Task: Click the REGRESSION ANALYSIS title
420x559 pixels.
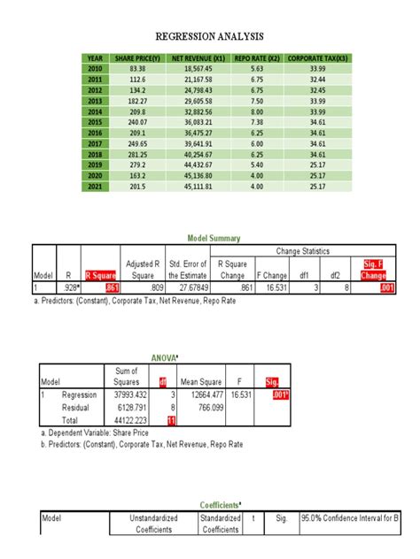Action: (x=209, y=36)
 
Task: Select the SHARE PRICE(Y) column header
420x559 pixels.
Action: (x=137, y=58)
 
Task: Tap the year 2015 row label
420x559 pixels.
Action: (x=95, y=122)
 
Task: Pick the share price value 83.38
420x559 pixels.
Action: (x=137, y=69)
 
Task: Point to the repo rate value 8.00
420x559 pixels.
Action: (x=257, y=111)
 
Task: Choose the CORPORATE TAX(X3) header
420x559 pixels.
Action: (x=317, y=58)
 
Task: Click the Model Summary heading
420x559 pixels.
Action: (x=213, y=239)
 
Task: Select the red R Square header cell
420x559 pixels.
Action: (x=101, y=275)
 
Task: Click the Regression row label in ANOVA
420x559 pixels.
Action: (x=80, y=395)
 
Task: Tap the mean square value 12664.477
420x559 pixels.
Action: (x=202, y=395)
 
